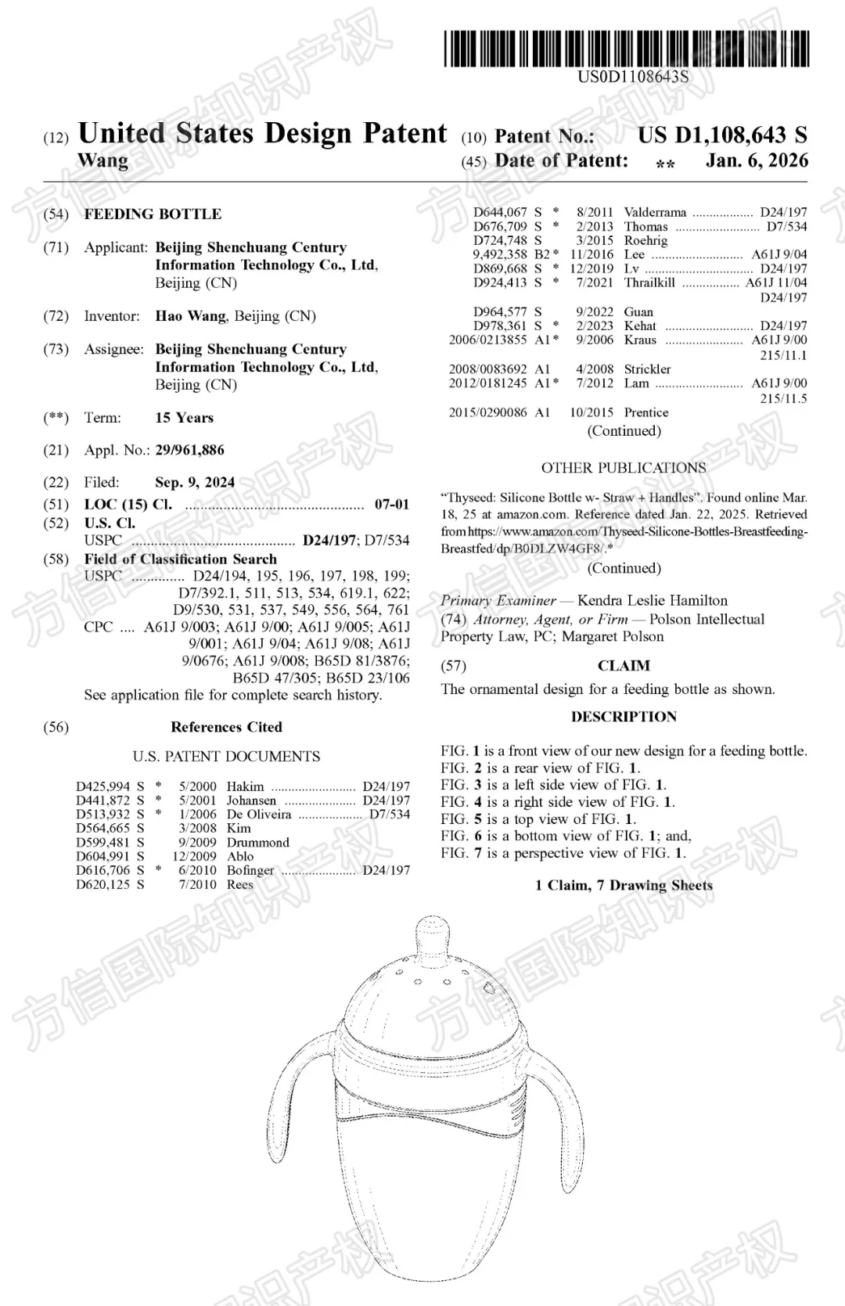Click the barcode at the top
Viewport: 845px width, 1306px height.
pos(627,49)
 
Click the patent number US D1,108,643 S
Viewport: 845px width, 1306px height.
pos(722,135)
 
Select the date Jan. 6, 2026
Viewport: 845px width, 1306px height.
pos(757,160)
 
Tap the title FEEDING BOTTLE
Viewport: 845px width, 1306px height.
pos(153,214)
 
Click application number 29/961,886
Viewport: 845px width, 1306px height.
pos(189,450)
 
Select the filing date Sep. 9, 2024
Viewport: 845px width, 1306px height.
pos(195,482)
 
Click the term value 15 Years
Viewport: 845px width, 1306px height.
pos(184,418)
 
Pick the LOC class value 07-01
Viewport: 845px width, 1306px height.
pos(391,505)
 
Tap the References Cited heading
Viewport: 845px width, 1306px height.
pos(226,727)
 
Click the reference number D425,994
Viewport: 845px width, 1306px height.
pos(103,786)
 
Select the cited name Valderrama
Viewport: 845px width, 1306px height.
pos(655,212)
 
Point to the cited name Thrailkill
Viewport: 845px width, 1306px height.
pos(649,282)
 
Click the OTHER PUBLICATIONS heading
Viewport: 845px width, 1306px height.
pos(624,468)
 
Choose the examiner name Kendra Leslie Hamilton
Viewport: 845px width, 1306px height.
pos(652,601)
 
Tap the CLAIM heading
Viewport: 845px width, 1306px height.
pos(624,666)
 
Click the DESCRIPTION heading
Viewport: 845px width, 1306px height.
pos(624,717)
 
